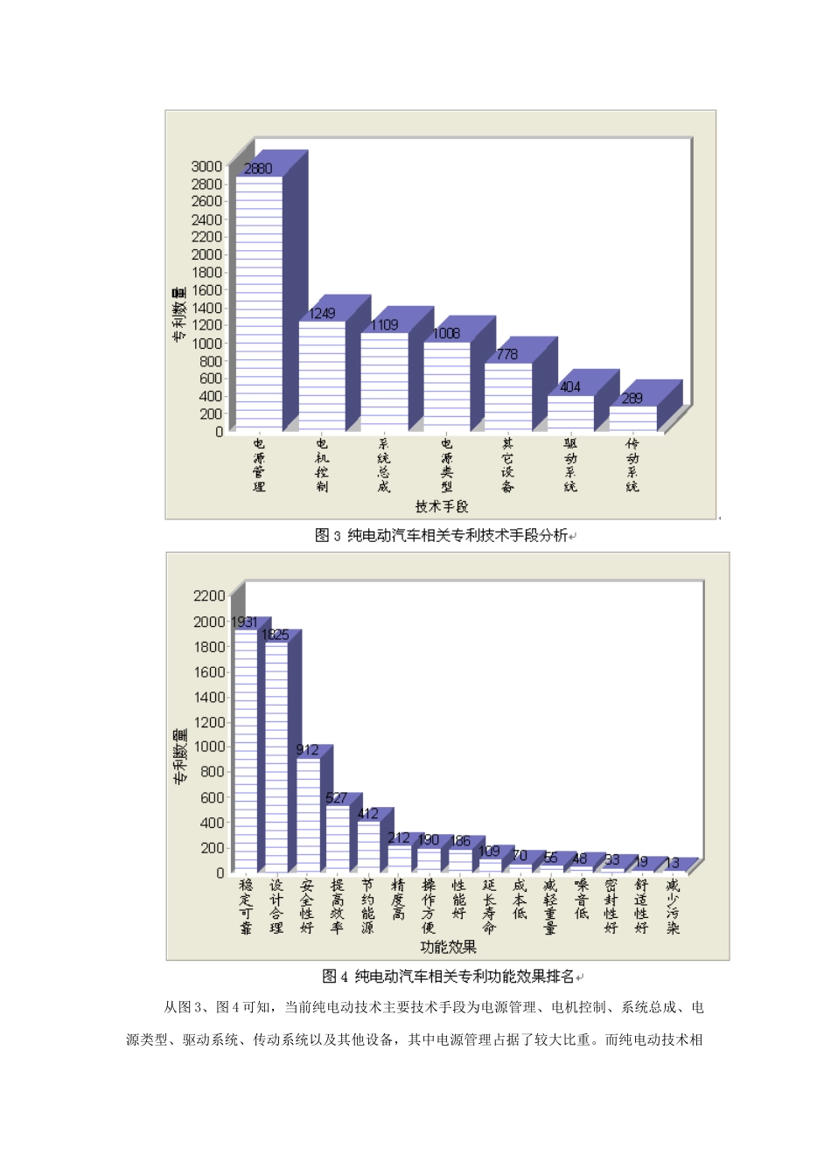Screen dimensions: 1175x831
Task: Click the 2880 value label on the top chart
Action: tap(258, 169)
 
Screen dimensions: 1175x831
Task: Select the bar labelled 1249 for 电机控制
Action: tap(322, 376)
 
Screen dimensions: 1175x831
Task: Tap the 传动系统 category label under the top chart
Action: tap(632, 465)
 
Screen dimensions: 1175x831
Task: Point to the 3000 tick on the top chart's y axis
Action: tap(206, 166)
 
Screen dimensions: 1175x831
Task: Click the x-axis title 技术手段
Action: tap(442, 506)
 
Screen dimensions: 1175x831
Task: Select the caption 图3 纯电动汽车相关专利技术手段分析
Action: tap(441, 535)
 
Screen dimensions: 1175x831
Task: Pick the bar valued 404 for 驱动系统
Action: tap(570, 413)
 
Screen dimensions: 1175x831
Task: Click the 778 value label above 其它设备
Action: tap(507, 354)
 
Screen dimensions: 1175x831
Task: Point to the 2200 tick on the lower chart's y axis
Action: tap(209, 596)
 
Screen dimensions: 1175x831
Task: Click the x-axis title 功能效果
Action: tap(448, 947)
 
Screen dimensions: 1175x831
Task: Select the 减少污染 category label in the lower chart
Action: tap(673, 907)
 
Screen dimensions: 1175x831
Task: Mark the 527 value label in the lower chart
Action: tap(336, 798)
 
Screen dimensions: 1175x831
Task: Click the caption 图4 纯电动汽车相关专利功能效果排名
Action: tap(448, 976)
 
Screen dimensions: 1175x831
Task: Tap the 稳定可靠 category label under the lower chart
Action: tap(246, 907)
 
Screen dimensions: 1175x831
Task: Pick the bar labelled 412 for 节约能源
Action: tap(368, 846)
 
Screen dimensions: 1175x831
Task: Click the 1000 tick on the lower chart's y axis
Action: tap(209, 747)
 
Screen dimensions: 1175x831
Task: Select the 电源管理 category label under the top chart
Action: tap(259, 465)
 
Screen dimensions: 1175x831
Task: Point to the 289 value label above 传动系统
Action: tap(632, 399)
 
